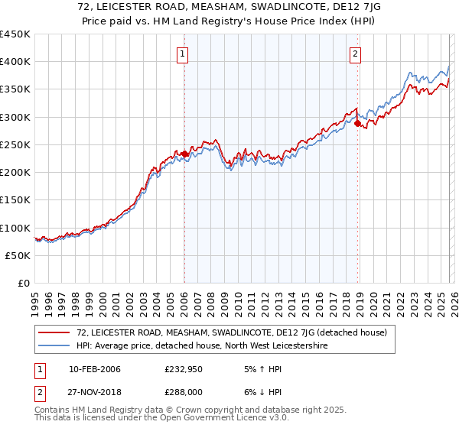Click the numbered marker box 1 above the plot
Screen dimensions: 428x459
(x=184, y=53)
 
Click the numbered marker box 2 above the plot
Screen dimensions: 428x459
(x=356, y=53)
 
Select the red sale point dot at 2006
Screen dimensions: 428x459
(x=184, y=154)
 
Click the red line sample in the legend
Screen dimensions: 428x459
(x=55, y=332)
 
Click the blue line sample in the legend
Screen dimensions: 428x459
(x=55, y=345)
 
